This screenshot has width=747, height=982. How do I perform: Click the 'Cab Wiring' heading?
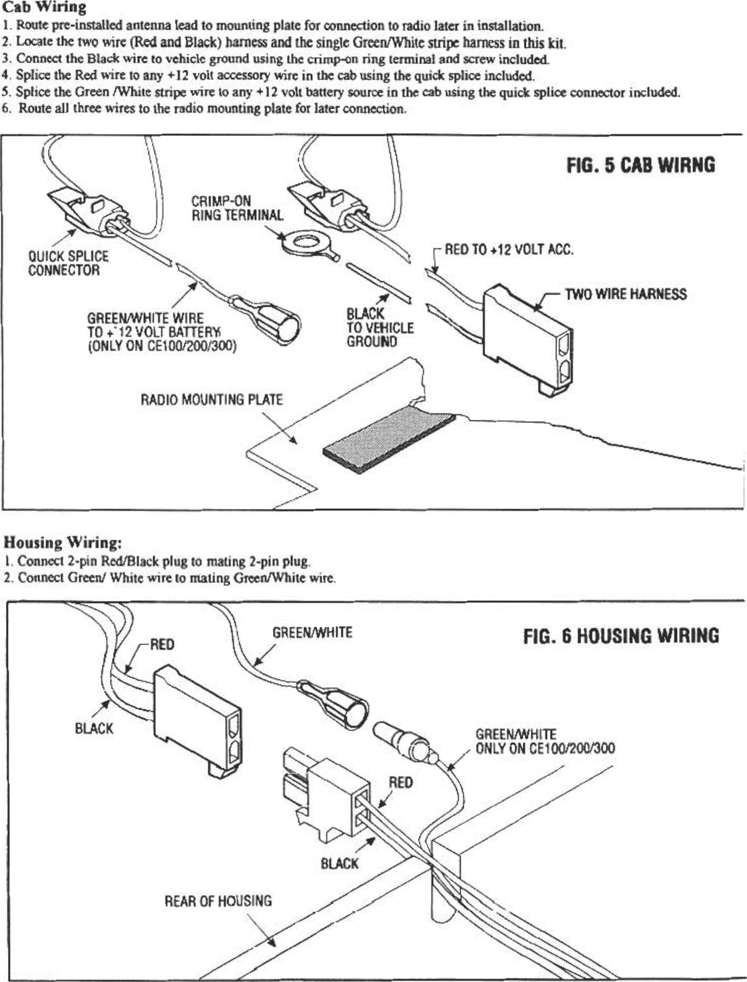point(45,8)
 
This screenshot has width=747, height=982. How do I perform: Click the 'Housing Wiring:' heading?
point(63,542)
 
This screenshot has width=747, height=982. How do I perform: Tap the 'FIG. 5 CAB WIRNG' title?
point(640,165)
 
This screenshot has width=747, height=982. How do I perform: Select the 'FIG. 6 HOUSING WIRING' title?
point(621,636)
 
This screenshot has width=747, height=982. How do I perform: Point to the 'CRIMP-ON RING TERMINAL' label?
point(236,208)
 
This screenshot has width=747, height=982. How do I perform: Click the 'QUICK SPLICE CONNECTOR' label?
point(67,263)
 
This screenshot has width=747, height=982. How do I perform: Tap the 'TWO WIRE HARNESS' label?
point(625,294)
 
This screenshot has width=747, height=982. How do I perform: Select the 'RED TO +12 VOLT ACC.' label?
point(509,250)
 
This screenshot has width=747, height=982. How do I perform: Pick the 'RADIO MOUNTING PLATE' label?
point(211,400)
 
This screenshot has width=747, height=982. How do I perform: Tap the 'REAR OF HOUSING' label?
point(218,901)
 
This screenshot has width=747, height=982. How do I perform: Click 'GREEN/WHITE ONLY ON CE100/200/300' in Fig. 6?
point(544,741)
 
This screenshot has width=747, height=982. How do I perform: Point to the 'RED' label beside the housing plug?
point(401,782)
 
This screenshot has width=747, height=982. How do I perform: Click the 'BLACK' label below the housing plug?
point(340,863)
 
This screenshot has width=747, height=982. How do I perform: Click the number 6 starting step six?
point(5,109)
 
